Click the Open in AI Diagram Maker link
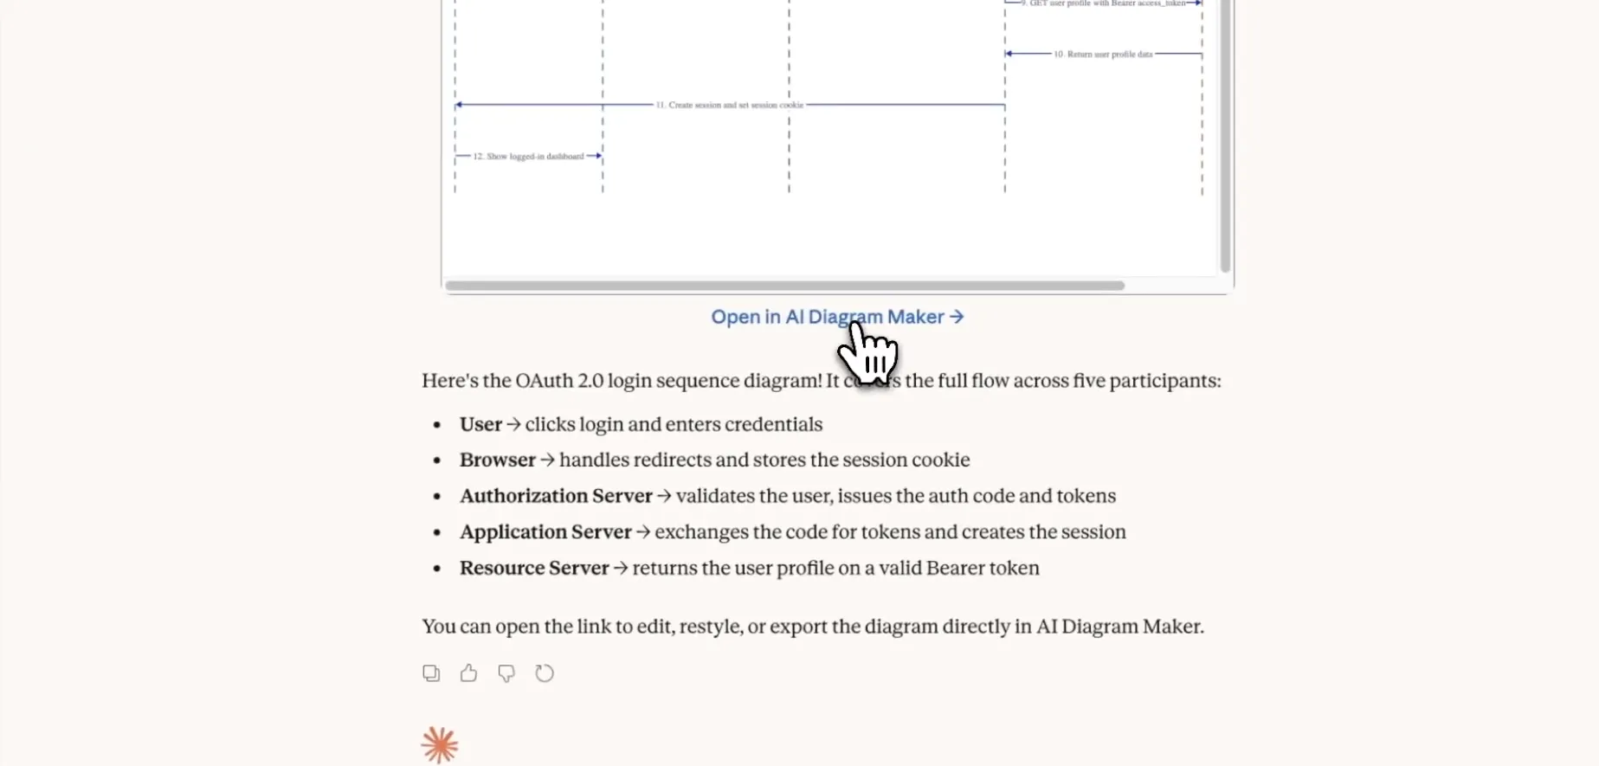click(x=836, y=318)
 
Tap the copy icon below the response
click(x=431, y=673)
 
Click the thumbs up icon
click(x=468, y=673)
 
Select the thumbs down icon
click(x=506, y=673)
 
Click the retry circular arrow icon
click(x=544, y=673)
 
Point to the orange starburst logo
click(x=440, y=745)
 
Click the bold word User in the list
click(x=480, y=425)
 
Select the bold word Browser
click(x=497, y=460)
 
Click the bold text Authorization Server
click(x=555, y=496)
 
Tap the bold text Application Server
click(x=545, y=532)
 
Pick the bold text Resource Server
click(x=533, y=569)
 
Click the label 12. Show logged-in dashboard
click(x=528, y=157)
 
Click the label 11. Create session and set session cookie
click(x=729, y=105)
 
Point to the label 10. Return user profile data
click(x=1102, y=55)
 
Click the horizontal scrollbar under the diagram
click(x=783, y=286)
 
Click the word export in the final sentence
click(x=797, y=627)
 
